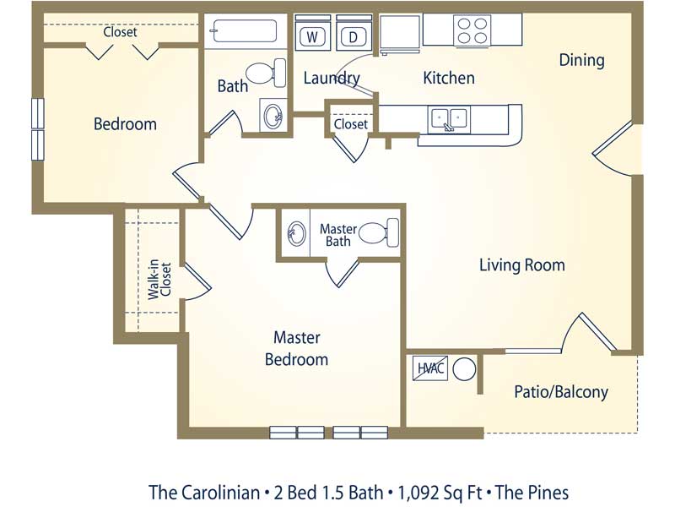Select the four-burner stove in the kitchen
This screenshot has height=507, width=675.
click(x=472, y=30)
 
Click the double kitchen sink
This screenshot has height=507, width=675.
click(x=449, y=118)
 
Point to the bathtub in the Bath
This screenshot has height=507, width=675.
click(x=243, y=30)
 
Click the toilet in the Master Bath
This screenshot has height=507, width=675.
click(x=379, y=233)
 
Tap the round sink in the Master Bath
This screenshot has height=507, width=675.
click(x=296, y=233)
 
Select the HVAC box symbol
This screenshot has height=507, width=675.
click(x=430, y=368)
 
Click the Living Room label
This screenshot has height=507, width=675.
click(x=521, y=264)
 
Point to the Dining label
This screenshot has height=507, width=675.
click(x=581, y=60)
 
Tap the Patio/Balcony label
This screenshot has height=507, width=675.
click(x=561, y=392)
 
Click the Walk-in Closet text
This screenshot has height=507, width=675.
click(x=159, y=280)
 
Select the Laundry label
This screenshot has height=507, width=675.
click(x=332, y=78)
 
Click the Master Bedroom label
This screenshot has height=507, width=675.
click(x=297, y=348)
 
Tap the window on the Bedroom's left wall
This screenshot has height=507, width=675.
click(x=38, y=129)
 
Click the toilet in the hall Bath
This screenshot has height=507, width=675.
click(x=266, y=74)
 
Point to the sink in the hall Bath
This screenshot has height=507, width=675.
click(x=273, y=115)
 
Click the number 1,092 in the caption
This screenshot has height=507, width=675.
click(x=419, y=493)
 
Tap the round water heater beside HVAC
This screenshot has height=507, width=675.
click(x=464, y=369)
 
